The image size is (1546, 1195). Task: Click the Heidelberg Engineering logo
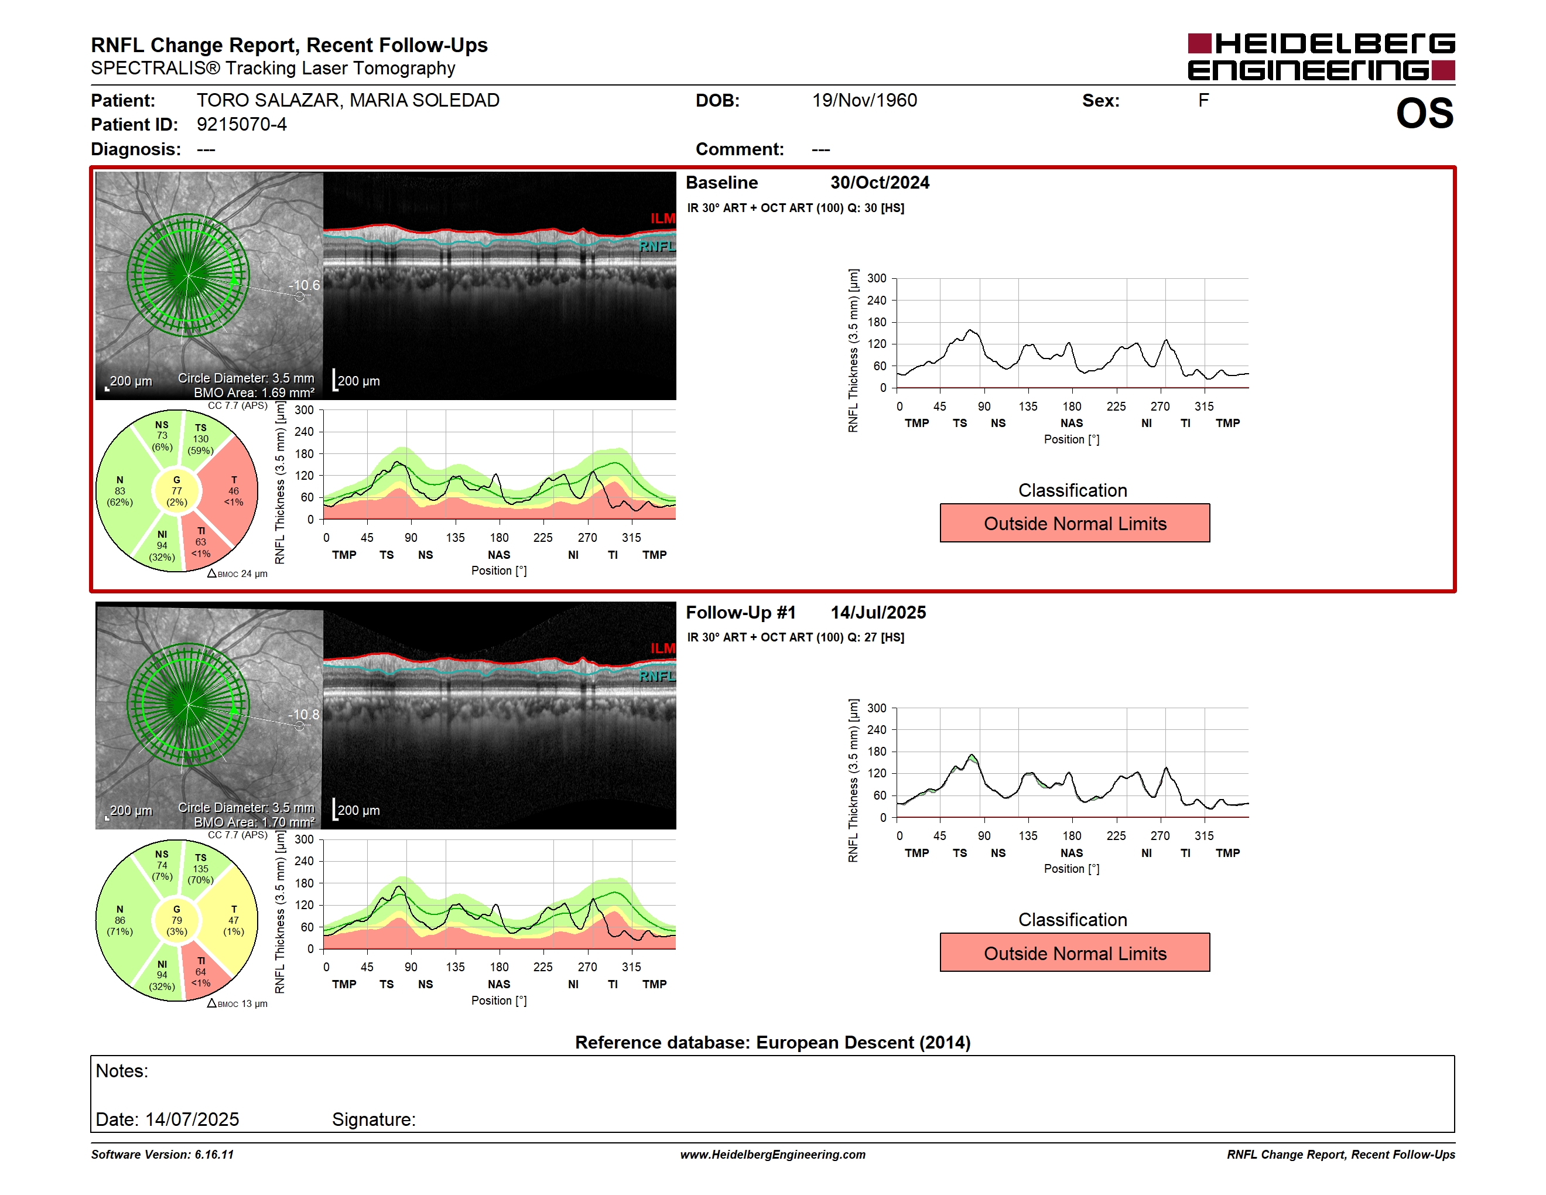pyautogui.click(x=1321, y=57)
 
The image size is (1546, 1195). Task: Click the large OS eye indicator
pyautogui.click(x=1424, y=113)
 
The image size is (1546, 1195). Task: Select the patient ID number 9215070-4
pyautogui.click(x=241, y=125)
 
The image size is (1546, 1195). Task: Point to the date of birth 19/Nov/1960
pyautogui.click(x=864, y=101)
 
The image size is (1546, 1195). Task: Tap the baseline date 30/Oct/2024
pyautogui.click(x=880, y=183)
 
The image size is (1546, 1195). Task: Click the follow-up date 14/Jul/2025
pyautogui.click(x=878, y=612)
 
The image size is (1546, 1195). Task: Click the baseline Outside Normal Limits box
pyautogui.click(x=1075, y=523)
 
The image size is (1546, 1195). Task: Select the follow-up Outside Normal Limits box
pyautogui.click(x=1075, y=953)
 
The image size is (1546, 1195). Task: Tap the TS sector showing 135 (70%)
pyautogui.click(x=203, y=868)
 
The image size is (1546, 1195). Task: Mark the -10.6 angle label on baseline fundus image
pyautogui.click(x=304, y=285)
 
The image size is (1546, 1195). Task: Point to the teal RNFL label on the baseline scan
pyautogui.click(x=657, y=247)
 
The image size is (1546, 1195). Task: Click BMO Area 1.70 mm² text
pyautogui.click(x=254, y=822)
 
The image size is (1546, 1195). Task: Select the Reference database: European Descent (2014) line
pyautogui.click(x=772, y=1042)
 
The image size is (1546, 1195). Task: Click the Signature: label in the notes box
pyautogui.click(x=374, y=1119)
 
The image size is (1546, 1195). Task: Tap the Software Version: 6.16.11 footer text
pyautogui.click(x=162, y=1155)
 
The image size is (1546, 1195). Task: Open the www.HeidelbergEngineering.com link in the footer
pyautogui.click(x=772, y=1155)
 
